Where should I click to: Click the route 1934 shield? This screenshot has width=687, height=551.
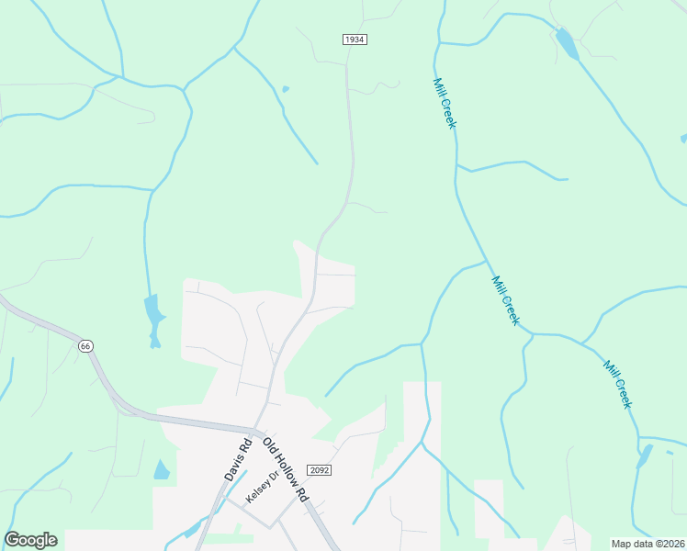coord(355,39)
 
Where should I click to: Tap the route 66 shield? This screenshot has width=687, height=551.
coord(85,345)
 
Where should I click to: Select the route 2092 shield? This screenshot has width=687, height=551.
coord(319,469)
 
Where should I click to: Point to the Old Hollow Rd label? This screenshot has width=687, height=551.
coord(285,468)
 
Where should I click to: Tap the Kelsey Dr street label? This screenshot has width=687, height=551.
coord(260,487)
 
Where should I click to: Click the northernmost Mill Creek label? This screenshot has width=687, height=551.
coord(445,103)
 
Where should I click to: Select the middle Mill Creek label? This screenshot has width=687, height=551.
coord(505,300)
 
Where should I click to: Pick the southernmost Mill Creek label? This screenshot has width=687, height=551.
coord(618,384)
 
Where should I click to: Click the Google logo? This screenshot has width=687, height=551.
coord(30,540)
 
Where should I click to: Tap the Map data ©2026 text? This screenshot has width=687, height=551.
coord(648,544)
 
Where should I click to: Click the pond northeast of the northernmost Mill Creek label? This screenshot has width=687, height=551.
coord(567,44)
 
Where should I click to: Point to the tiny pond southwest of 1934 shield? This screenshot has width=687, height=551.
coord(286,89)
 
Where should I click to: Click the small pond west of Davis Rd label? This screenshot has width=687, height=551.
coord(162,470)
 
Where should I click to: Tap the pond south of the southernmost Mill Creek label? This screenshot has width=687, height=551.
coord(644,455)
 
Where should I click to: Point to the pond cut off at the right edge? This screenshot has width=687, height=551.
coord(683,139)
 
